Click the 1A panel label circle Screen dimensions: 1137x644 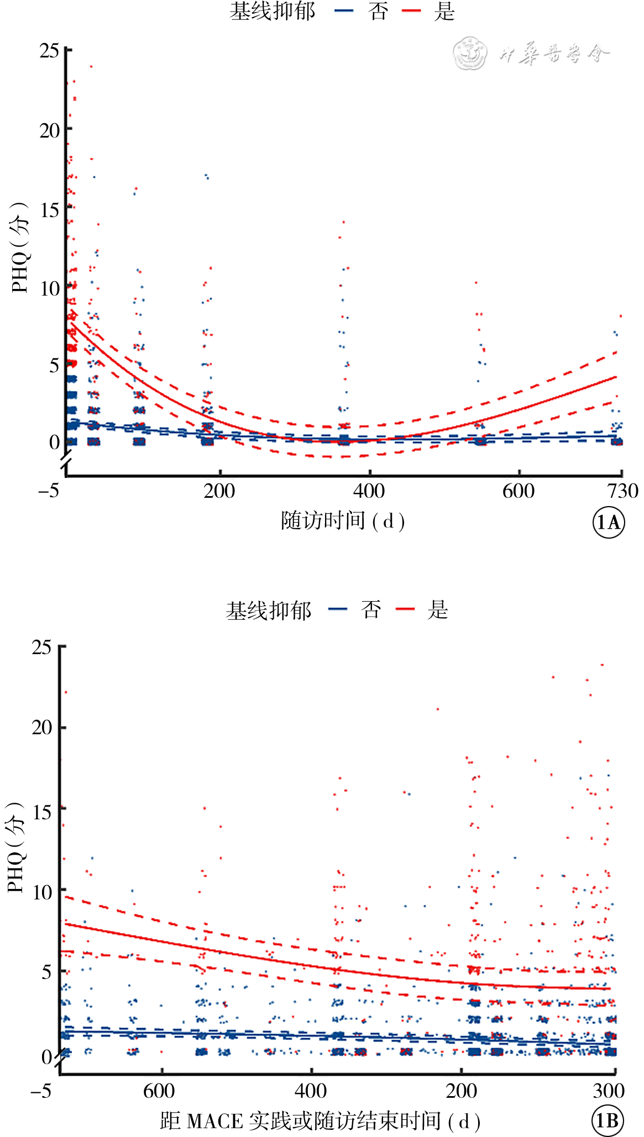609,522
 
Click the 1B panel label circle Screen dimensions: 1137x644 608,1120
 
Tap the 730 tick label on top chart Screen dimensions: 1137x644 623,491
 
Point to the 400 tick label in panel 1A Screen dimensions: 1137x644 369,491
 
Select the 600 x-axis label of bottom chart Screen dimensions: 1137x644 159,1091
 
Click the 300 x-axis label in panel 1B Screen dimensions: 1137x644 609,1091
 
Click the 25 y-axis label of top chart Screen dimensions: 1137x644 49,51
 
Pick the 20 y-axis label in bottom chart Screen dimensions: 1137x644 42,728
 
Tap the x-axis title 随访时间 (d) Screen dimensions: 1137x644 343,521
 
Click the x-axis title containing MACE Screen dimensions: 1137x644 320,1121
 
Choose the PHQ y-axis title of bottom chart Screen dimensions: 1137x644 15,847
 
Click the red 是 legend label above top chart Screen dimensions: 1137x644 444,12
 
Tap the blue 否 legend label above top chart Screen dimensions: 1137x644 378,12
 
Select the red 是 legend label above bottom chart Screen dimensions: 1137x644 437,610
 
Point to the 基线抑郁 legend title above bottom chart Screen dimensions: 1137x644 269,611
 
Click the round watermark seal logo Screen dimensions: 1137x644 470,54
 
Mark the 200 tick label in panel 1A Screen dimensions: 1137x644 219,491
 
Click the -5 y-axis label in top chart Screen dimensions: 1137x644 49,491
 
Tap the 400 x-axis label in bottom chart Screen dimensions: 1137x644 311,1091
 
